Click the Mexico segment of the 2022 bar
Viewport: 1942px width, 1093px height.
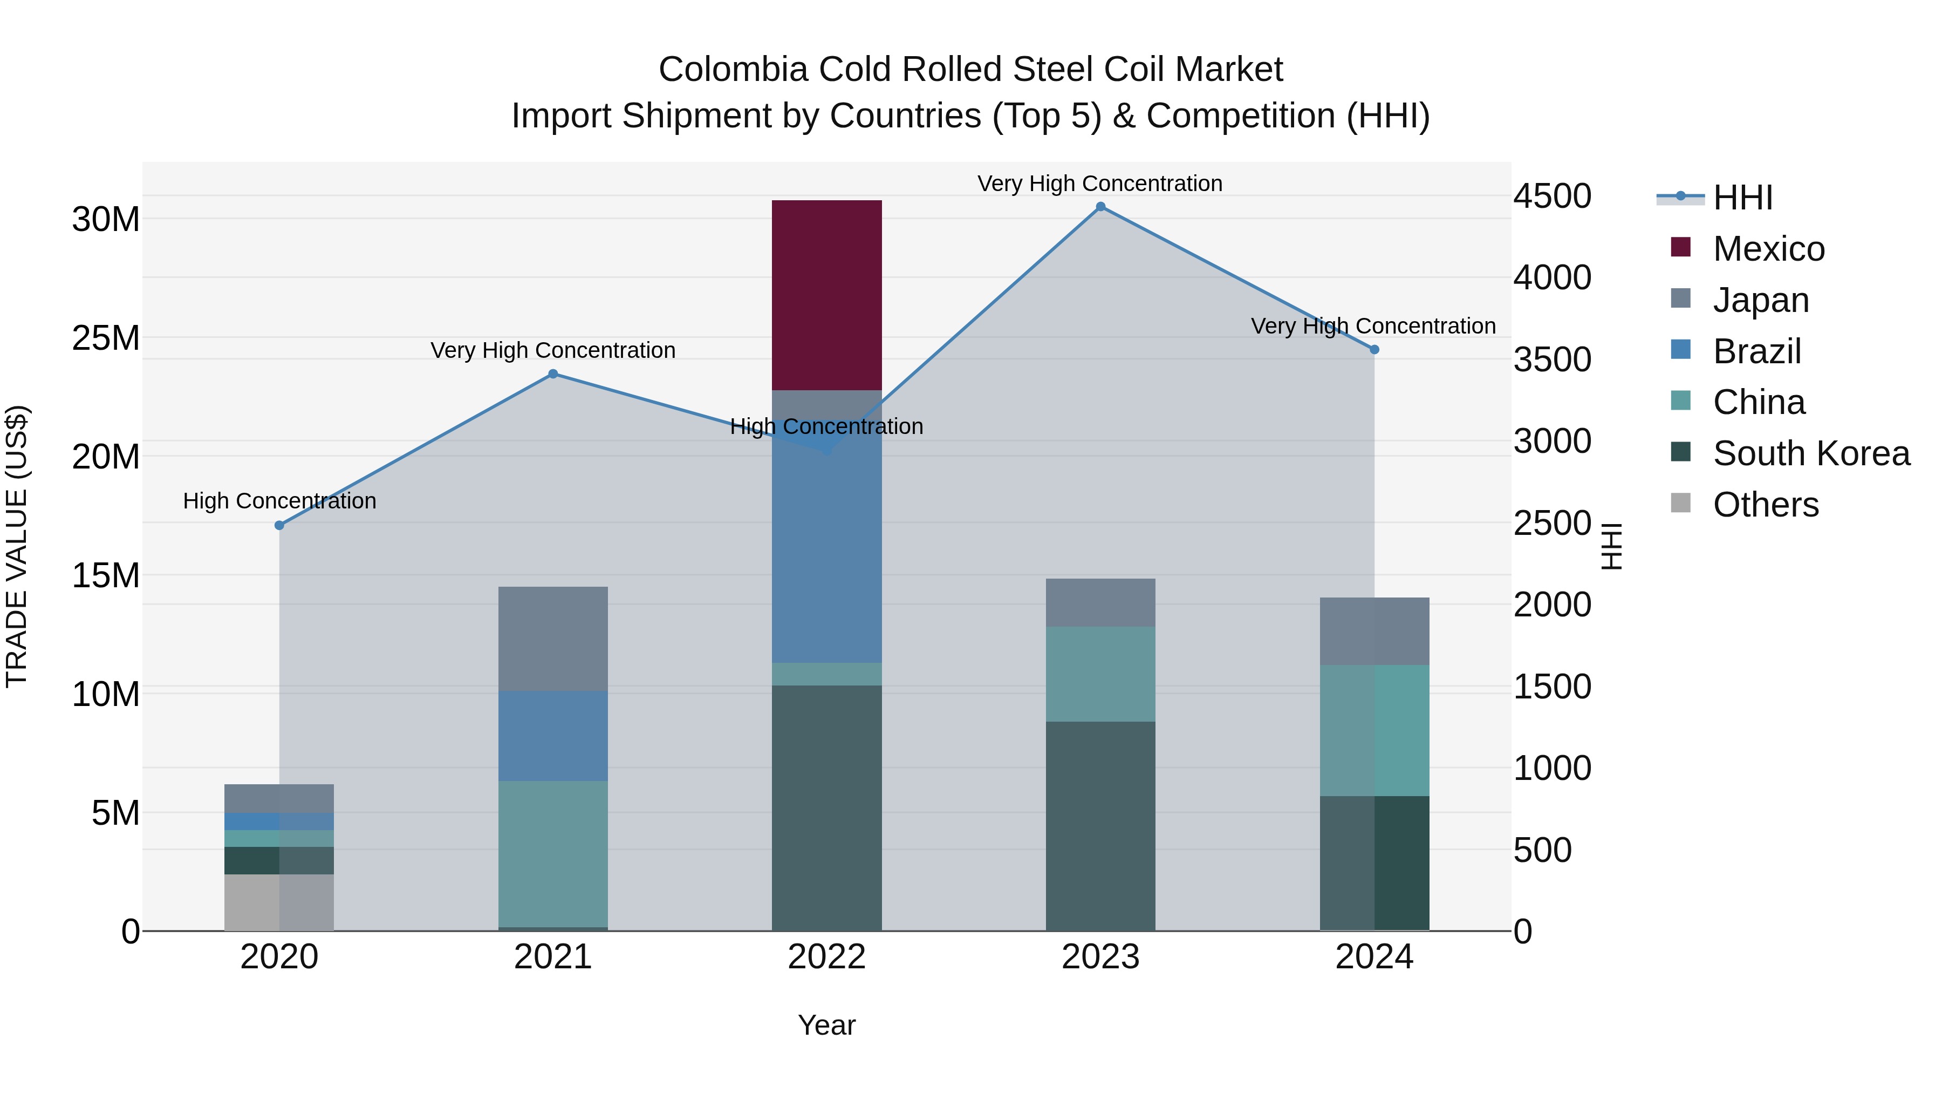(826, 294)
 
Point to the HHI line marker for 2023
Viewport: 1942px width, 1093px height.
(1100, 207)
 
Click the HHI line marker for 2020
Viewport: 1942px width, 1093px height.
(279, 525)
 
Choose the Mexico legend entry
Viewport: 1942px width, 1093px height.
(1768, 249)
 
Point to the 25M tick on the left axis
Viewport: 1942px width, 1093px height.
(106, 338)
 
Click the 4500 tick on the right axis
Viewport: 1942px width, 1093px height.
(1551, 196)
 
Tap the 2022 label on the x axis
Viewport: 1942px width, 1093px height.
(826, 957)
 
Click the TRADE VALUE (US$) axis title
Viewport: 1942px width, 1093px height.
(17, 546)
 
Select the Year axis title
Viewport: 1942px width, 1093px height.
(826, 1025)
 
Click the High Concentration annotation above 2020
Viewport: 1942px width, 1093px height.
(279, 501)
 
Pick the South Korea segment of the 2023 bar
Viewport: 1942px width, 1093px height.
(1100, 825)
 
